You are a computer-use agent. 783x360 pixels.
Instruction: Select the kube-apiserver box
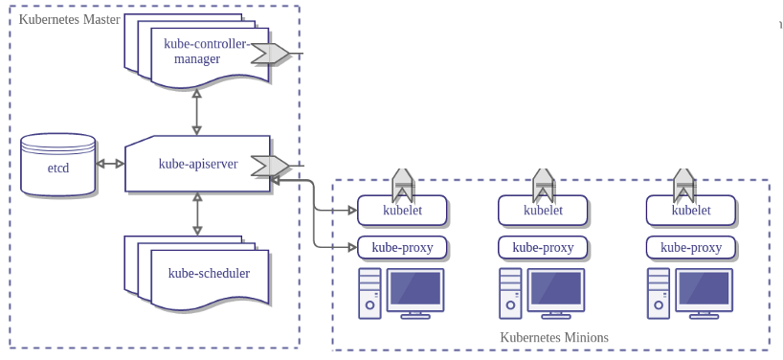tap(196, 164)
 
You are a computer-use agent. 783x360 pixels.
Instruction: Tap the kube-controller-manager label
tap(204, 51)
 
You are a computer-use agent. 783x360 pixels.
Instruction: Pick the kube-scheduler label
tap(209, 274)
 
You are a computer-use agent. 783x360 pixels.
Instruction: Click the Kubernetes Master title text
tap(69, 19)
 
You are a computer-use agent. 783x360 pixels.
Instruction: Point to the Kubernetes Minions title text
tap(553, 338)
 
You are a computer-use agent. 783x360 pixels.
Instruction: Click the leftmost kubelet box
tap(402, 211)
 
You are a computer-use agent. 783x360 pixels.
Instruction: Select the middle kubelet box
tap(543, 211)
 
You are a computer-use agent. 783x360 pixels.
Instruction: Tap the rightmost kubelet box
tap(690, 211)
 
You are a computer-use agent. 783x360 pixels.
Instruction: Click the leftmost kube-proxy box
tap(402, 248)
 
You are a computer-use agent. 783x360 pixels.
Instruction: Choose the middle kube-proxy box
tap(543, 248)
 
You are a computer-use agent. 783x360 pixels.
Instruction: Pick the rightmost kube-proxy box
tap(690, 248)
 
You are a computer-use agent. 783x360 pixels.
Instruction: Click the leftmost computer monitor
tap(415, 290)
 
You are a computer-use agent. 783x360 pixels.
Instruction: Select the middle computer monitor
tap(555, 290)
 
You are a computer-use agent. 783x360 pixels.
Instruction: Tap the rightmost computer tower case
tap(658, 293)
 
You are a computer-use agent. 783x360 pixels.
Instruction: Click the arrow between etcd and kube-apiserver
tap(110, 164)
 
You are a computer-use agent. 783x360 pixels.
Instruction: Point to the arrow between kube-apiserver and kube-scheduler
tap(197, 214)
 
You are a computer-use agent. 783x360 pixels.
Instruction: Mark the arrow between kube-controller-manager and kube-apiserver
tap(196, 112)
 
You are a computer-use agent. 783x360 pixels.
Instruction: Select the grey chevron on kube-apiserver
tap(270, 166)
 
